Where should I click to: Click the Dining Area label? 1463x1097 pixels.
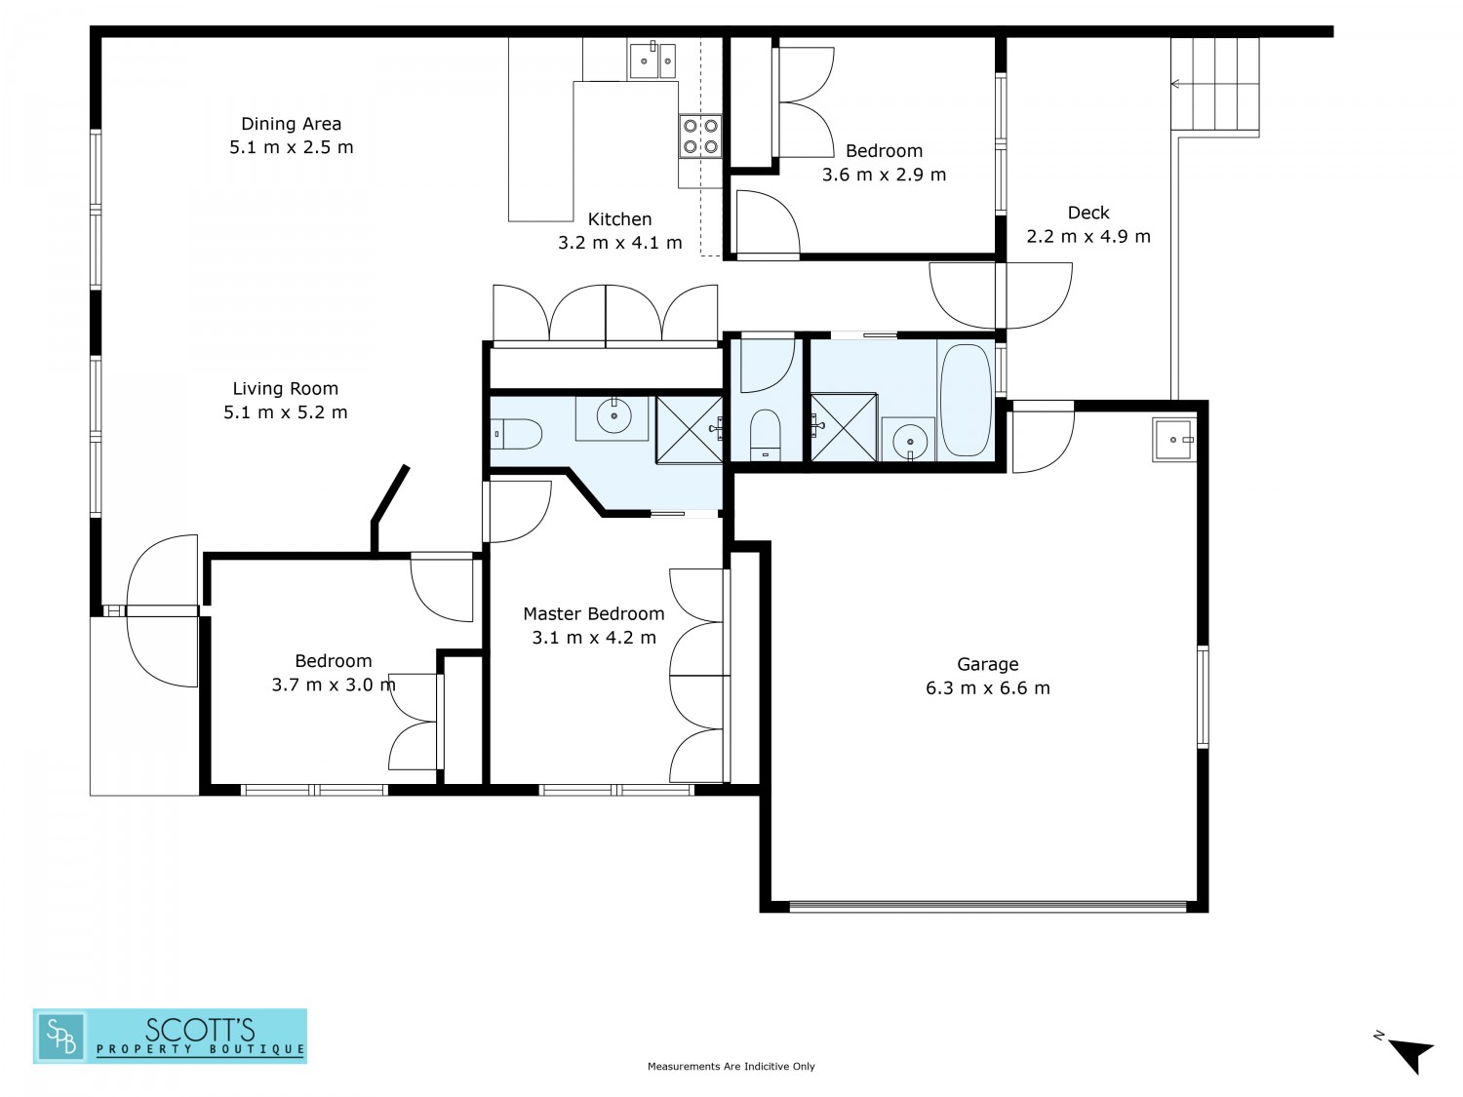click(x=292, y=124)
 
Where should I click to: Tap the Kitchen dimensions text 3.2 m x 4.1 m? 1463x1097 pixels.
click(x=620, y=243)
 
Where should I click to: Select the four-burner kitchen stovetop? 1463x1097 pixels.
click(x=700, y=136)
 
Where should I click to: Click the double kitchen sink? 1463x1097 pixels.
click(x=652, y=60)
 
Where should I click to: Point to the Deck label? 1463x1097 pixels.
click(x=1088, y=213)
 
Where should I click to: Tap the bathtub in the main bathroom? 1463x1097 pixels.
click(x=965, y=400)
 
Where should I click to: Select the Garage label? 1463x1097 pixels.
click(x=988, y=664)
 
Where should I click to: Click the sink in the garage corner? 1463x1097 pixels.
click(x=1173, y=441)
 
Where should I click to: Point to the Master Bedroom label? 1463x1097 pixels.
click(x=594, y=613)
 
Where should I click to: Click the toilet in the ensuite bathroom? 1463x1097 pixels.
click(x=517, y=434)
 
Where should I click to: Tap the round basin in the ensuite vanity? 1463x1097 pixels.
click(x=613, y=417)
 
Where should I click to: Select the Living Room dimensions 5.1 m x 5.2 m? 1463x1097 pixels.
click(x=285, y=412)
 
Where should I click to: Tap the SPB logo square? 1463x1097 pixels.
click(x=61, y=1037)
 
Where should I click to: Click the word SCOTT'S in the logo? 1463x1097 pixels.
click(x=200, y=1030)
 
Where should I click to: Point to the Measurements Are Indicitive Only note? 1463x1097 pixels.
click(x=731, y=1067)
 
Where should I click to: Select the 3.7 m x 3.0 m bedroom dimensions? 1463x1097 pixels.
click(x=334, y=685)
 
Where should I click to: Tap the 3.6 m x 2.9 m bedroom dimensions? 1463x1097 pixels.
click(x=884, y=175)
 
